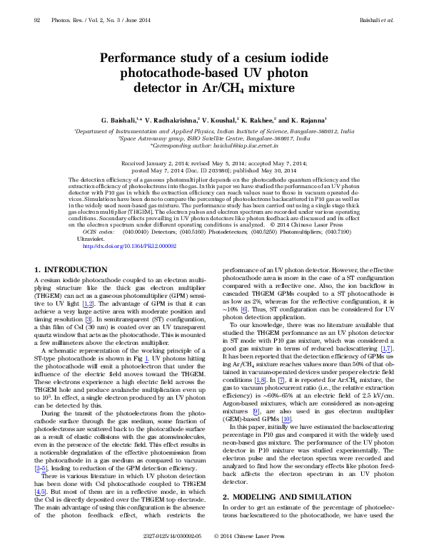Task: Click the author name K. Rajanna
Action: pos(305,119)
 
